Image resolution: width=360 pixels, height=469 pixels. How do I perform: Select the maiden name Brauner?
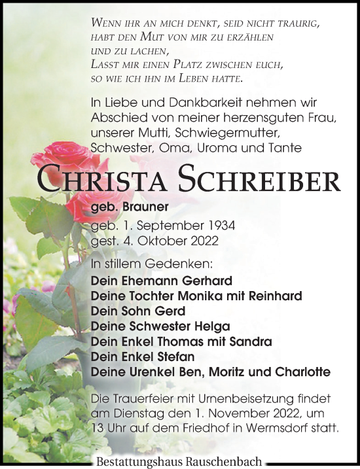145,207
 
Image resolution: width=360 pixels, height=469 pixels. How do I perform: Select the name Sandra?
249,341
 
